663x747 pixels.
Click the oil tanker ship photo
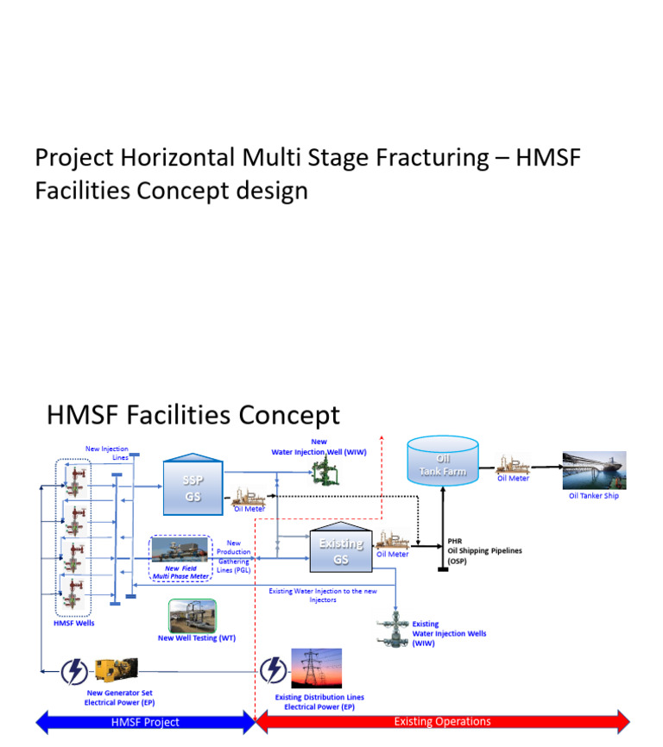[x=594, y=471]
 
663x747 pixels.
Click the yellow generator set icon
[x=116, y=670]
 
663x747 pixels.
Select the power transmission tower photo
[x=316, y=669]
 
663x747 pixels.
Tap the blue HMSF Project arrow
[x=145, y=721]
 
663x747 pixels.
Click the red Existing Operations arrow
[x=442, y=721]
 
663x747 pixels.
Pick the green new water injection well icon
[x=325, y=470]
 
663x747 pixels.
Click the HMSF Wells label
[x=73, y=622]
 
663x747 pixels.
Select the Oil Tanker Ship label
[x=593, y=496]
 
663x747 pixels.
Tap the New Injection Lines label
[x=107, y=453]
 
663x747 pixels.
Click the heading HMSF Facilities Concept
[x=193, y=415]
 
